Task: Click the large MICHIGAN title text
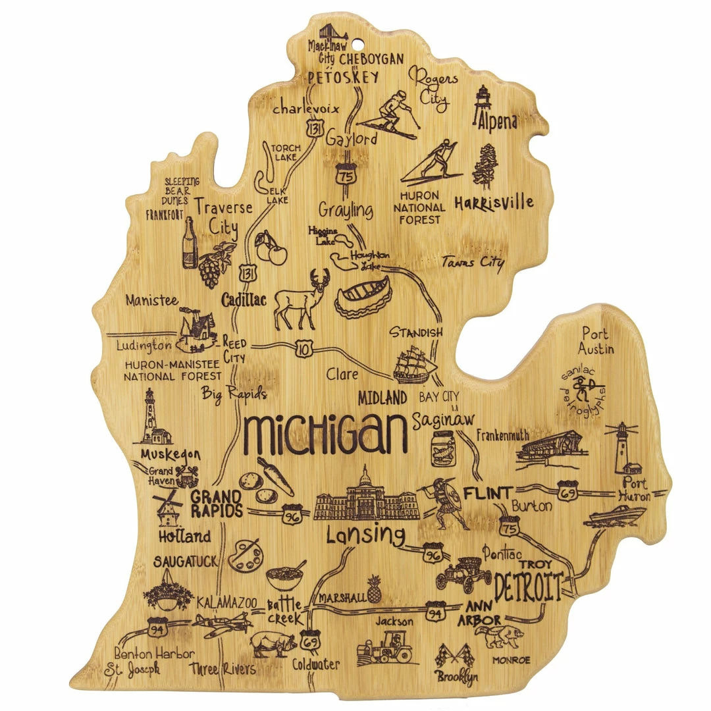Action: tap(325, 434)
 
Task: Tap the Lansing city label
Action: tap(365, 535)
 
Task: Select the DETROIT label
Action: tap(529, 587)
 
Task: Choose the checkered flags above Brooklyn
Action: tap(454, 654)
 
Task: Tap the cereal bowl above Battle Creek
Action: tap(286, 577)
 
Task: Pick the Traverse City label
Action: tap(224, 216)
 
